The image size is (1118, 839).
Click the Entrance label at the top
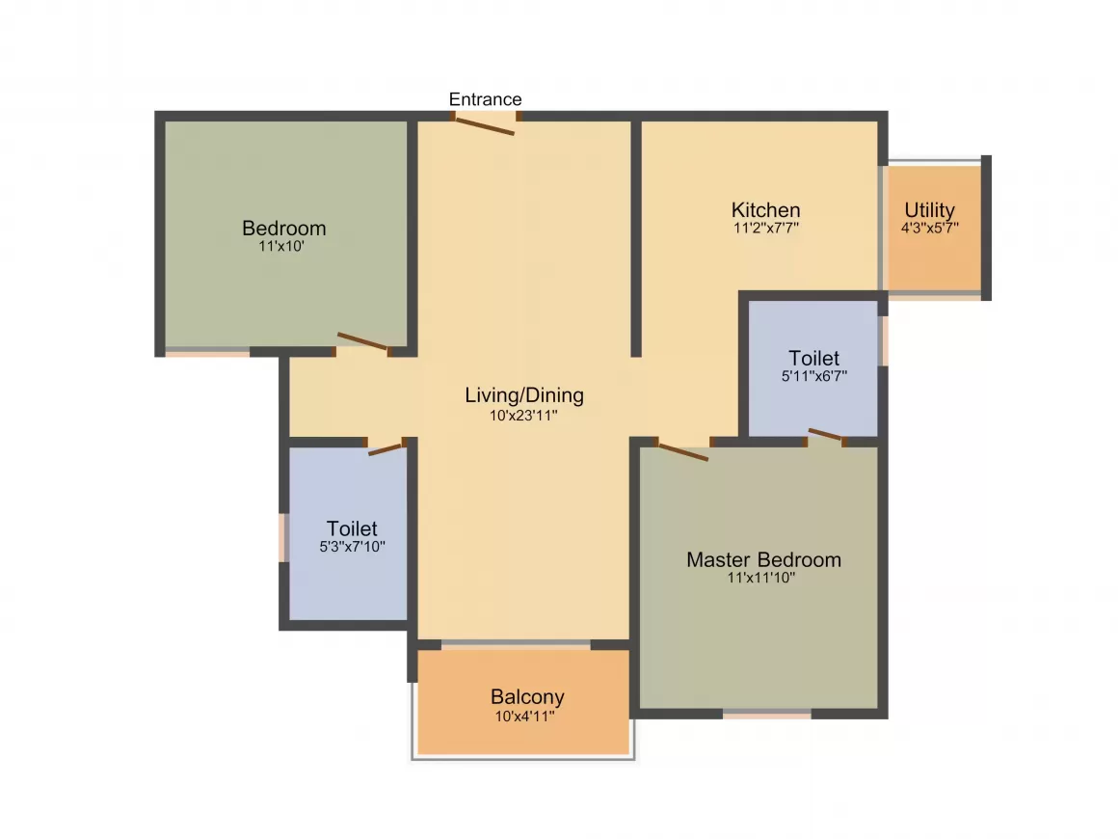coord(486,99)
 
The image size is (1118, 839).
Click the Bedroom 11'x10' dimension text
coord(283,246)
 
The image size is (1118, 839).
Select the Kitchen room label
coord(765,210)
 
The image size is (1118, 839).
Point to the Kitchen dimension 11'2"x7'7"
coord(765,229)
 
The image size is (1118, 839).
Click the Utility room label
coord(929,210)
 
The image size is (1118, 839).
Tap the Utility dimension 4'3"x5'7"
coord(929,229)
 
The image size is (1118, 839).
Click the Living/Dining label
coord(524,394)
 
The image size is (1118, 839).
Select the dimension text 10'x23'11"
coord(524,416)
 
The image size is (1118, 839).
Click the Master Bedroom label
coord(763,559)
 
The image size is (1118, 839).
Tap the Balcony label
coord(527,696)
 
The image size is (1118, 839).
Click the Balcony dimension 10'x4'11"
coord(525,717)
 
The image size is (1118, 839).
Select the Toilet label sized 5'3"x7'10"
coord(352,528)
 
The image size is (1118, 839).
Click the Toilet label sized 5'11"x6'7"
coord(813,359)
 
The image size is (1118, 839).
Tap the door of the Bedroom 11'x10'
coord(362,342)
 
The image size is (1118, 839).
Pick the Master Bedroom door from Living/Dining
coord(682,450)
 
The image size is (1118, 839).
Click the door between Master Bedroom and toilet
coord(826,435)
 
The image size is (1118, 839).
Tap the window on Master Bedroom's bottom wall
coord(767,715)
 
